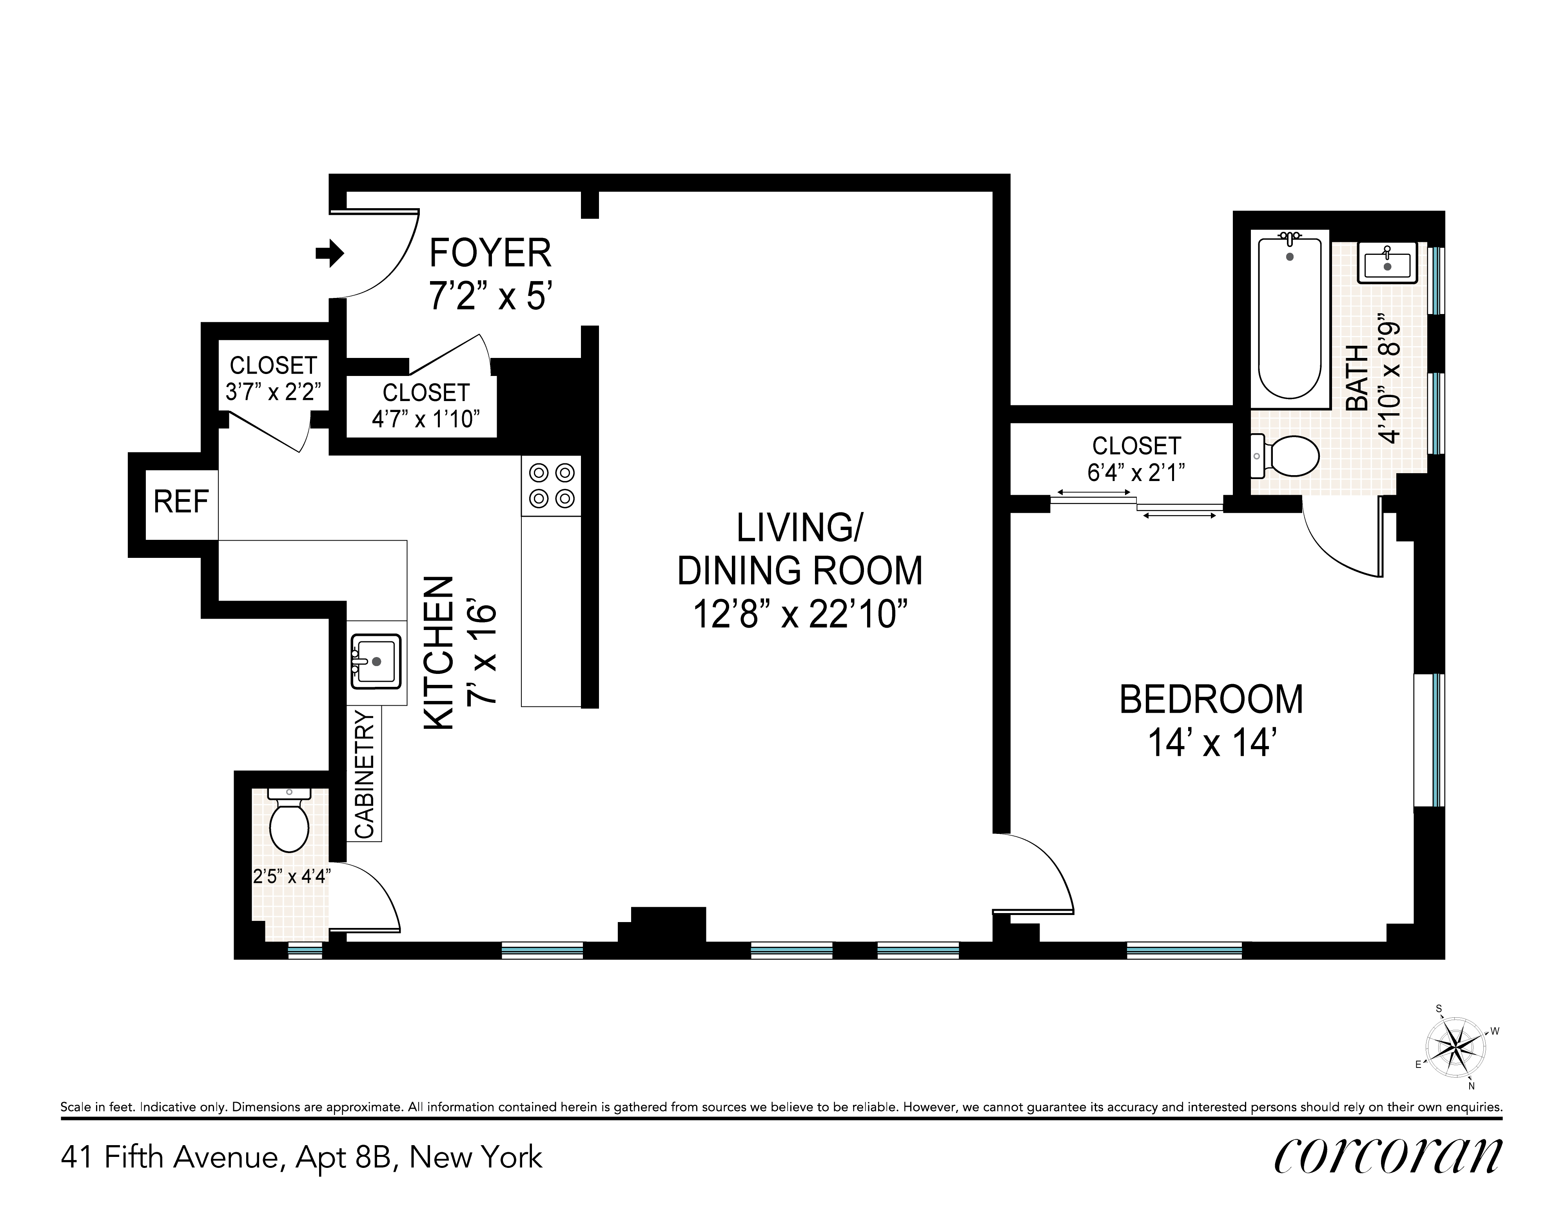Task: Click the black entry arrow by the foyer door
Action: tap(330, 253)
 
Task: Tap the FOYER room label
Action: tap(490, 253)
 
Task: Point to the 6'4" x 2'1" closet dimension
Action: tap(1136, 472)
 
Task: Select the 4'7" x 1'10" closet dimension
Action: tap(426, 419)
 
